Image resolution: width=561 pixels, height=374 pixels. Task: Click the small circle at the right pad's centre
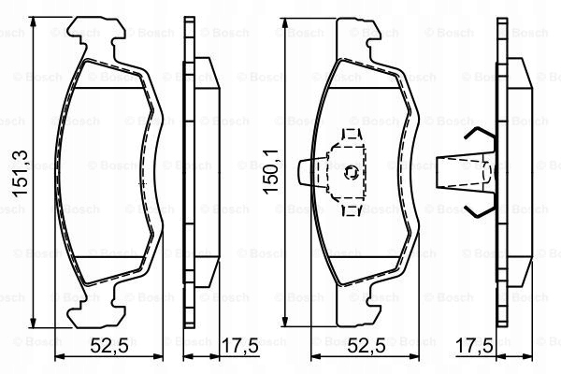(351, 170)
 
